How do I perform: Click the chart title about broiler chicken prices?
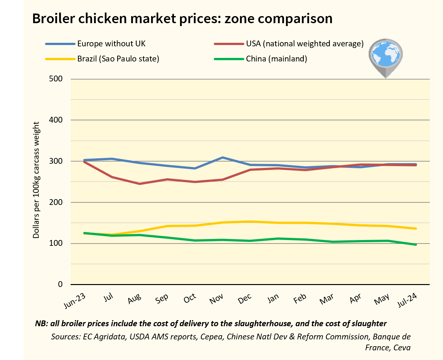coord(182,19)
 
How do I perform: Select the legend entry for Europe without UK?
coord(111,43)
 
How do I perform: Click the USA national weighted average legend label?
coord(304,43)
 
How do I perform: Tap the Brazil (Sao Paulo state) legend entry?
coord(118,59)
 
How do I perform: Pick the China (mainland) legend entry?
coord(276,59)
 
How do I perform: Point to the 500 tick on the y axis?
coord(56,79)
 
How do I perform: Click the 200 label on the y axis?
coord(56,202)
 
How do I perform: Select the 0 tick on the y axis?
coord(60,284)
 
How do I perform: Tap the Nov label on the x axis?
coord(216,299)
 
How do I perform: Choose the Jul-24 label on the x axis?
coord(407,300)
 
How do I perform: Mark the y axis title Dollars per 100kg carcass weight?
coord(36,180)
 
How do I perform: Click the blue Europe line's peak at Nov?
coord(222,158)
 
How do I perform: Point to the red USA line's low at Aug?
coord(140,184)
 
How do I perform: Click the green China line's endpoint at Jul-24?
coord(416,245)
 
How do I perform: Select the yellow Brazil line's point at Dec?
coord(250,221)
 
